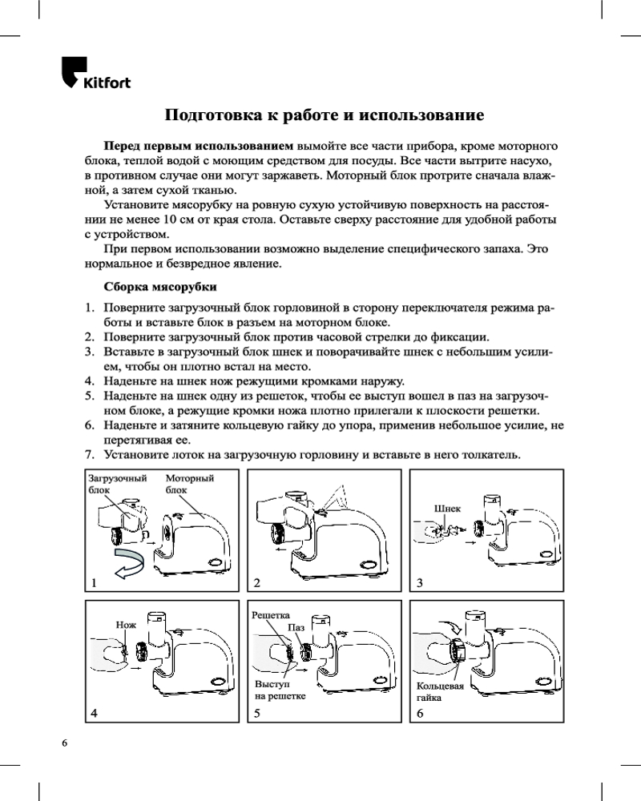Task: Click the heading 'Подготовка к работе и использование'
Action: coord(324,115)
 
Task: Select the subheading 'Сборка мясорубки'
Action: coord(160,287)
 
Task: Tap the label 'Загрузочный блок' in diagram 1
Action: coord(118,484)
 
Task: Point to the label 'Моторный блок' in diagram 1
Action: coord(190,484)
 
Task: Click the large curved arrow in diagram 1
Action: coord(129,564)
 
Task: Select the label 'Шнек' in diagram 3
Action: coord(447,509)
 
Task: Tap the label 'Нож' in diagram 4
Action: coord(126,625)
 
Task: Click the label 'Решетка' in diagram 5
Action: coord(270,615)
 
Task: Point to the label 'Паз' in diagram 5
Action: coord(296,627)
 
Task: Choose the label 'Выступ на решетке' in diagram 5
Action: coord(280,690)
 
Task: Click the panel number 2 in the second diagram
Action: coord(257,583)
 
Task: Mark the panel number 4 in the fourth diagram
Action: coord(94,714)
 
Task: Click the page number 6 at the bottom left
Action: coord(64,743)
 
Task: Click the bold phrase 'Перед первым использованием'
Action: coord(199,146)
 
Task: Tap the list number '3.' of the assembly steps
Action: coord(90,352)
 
